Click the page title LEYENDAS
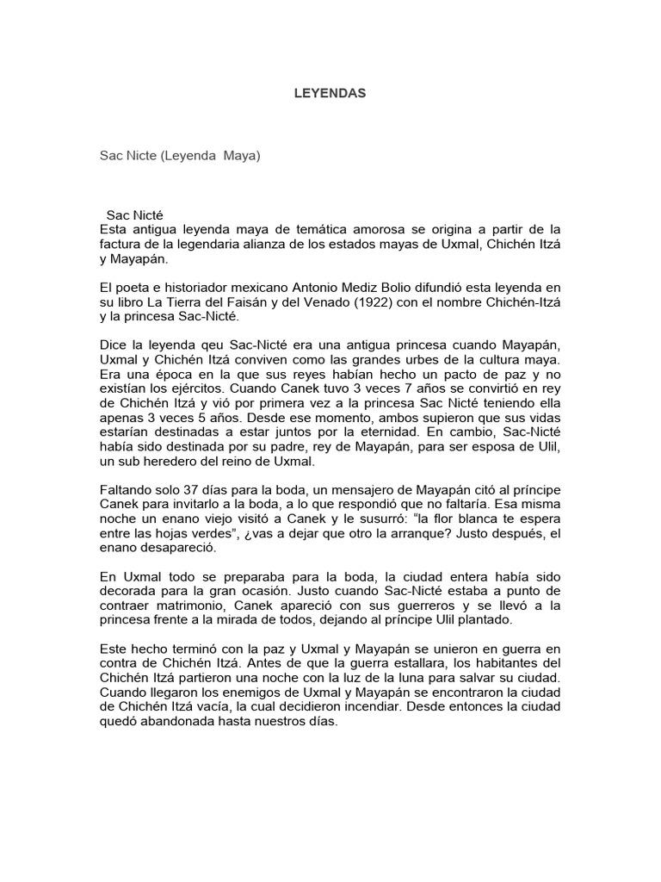tap(330, 93)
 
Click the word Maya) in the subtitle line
tap(240, 157)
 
